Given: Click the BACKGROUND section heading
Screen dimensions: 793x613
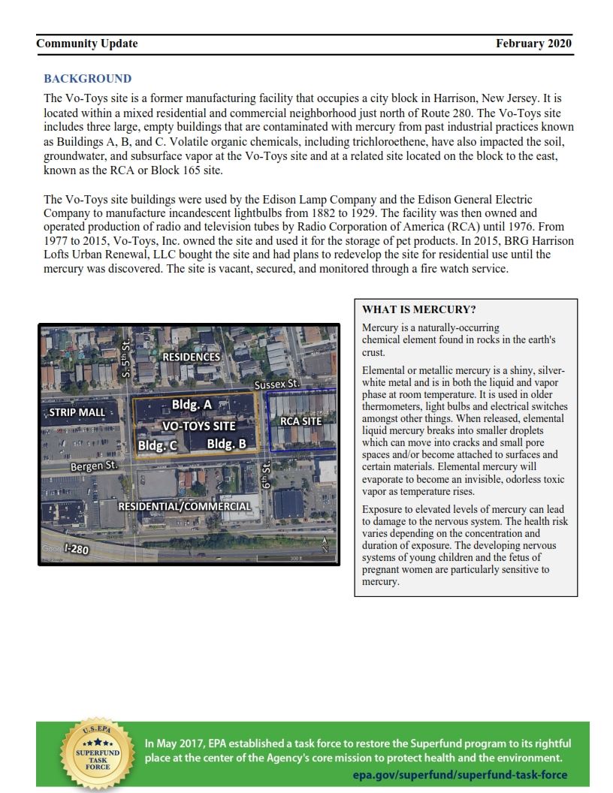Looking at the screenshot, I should tap(87, 79).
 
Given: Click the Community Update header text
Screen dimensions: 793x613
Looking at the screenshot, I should tap(86, 44).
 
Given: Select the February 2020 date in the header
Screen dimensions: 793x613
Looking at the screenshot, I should tap(533, 44).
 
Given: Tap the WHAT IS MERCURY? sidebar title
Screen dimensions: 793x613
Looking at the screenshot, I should tap(419, 309).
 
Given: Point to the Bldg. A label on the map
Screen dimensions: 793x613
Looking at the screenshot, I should tap(192, 405).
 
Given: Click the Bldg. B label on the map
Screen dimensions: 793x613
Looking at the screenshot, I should tap(226, 444).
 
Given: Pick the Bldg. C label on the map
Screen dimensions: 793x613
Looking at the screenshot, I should tap(157, 445).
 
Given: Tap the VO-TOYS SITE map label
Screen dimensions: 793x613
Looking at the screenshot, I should tap(199, 425).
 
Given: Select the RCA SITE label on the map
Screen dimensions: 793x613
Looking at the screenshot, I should tap(300, 421).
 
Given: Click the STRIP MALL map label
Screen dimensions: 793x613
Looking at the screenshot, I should tap(77, 413).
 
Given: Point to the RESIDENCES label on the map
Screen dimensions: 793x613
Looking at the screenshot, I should tap(192, 357).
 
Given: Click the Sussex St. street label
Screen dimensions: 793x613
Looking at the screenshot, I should tap(276, 384).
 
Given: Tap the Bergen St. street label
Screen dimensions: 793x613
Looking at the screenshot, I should tap(94, 466).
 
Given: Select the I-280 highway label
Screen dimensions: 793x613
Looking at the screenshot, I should tap(75, 550).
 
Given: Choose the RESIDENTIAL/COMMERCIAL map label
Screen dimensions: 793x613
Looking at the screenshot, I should tap(184, 506).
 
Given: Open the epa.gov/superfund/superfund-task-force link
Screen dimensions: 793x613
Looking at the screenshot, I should tap(460, 775).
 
